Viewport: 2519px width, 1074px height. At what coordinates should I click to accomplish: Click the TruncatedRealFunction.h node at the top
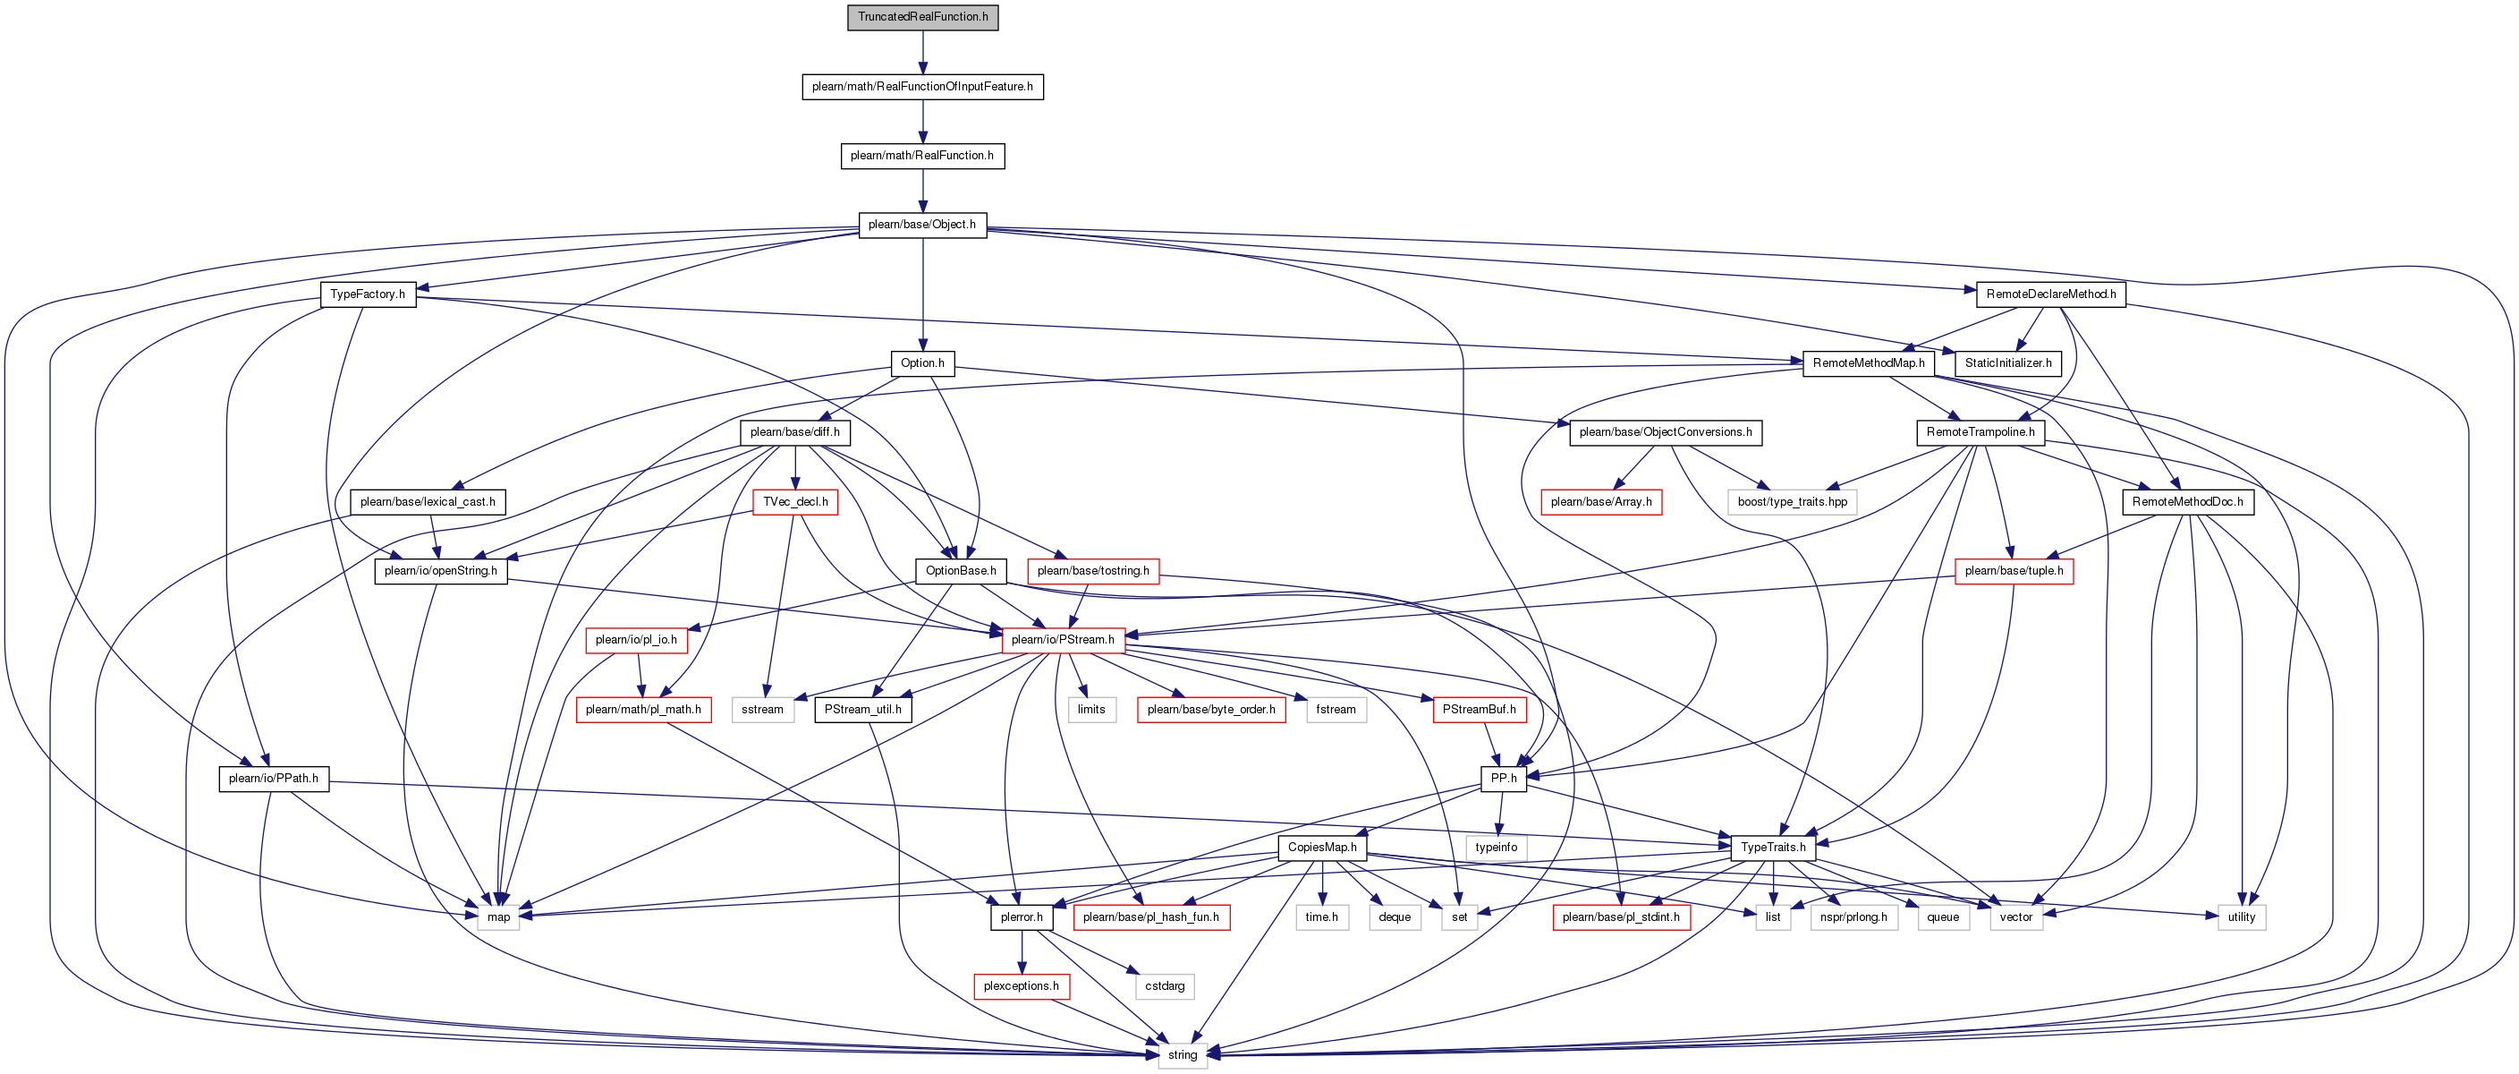pos(922,18)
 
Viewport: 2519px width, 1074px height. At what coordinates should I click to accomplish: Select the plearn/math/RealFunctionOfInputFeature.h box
pos(922,87)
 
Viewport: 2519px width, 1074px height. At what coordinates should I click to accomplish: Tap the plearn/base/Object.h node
pos(922,225)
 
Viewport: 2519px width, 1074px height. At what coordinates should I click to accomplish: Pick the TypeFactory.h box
pos(368,294)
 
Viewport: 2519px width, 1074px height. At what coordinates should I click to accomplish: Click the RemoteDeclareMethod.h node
pos(2050,294)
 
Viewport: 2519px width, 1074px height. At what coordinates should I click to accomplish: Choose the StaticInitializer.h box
pos(2007,362)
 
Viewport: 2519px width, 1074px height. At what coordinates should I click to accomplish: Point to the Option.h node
pos(922,362)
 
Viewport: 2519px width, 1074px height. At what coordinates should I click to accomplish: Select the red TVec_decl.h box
pos(795,502)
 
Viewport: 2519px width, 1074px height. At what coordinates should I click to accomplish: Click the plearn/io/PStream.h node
pos(1063,640)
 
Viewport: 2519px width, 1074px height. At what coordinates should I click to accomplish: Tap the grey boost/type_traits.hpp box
pos(1793,502)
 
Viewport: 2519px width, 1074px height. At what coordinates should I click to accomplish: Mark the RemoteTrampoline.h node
pos(1980,432)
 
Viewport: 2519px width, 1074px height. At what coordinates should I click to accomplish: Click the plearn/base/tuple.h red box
pos(2014,571)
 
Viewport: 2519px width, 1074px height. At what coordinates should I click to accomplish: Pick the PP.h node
pos(1503,779)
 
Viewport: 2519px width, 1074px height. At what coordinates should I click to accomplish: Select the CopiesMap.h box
pos(1322,847)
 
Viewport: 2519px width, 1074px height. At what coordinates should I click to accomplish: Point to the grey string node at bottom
pos(1183,1055)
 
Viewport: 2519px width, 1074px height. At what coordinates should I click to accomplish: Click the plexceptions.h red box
pos(1021,986)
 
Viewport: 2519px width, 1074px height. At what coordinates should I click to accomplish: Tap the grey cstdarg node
pos(1165,986)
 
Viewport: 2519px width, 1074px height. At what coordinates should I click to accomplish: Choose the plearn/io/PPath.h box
pos(274,779)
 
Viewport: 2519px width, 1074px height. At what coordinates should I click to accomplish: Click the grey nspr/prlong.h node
pos(1854,916)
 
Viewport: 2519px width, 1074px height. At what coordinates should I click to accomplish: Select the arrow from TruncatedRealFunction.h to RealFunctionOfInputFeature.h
pos(922,52)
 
